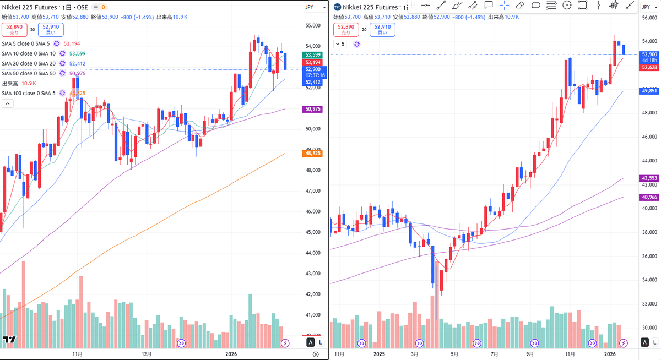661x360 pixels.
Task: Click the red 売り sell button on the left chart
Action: coord(14,29)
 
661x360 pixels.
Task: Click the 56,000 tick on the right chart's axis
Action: coord(649,18)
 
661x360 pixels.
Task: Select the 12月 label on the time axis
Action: coord(147,355)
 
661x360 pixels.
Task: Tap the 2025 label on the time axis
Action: coord(378,355)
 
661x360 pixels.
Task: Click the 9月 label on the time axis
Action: coord(530,355)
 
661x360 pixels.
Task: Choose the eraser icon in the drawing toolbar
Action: coord(519,6)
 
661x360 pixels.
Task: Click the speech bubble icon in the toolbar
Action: coord(488,6)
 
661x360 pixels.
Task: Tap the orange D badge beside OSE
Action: coord(103,7)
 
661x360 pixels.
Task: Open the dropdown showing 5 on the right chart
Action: coord(340,44)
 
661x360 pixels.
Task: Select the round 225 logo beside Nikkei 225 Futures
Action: coord(337,7)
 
